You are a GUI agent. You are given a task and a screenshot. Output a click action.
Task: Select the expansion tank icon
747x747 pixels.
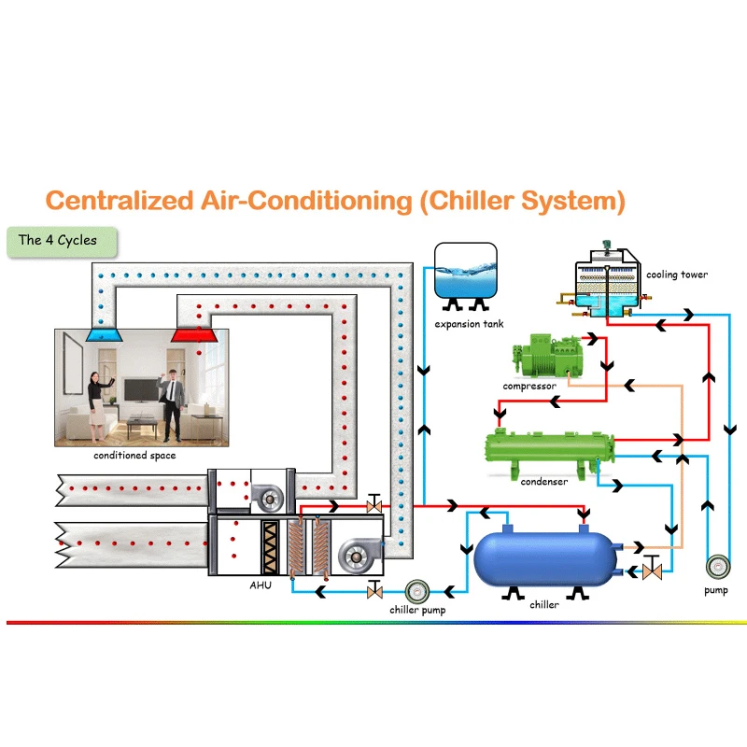point(465,271)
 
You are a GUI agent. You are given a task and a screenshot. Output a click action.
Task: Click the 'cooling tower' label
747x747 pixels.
point(677,275)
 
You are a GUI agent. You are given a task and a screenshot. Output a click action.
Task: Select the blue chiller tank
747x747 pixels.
point(544,558)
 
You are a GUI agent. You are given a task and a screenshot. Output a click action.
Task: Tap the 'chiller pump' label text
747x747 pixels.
point(417,611)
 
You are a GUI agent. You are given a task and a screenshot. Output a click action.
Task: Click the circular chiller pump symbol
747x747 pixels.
point(416,590)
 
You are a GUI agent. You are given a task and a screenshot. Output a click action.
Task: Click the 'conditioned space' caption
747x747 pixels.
point(134,456)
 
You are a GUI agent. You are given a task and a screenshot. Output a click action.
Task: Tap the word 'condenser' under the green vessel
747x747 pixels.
point(543,482)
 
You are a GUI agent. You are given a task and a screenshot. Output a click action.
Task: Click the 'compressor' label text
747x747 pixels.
point(529,386)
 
